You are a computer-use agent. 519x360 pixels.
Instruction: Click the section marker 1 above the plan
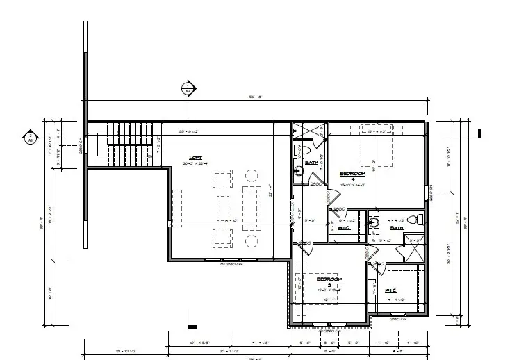187,88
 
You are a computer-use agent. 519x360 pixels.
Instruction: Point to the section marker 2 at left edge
30,136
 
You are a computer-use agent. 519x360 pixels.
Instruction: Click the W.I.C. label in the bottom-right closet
390,290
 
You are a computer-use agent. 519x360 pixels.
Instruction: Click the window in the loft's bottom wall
230,259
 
